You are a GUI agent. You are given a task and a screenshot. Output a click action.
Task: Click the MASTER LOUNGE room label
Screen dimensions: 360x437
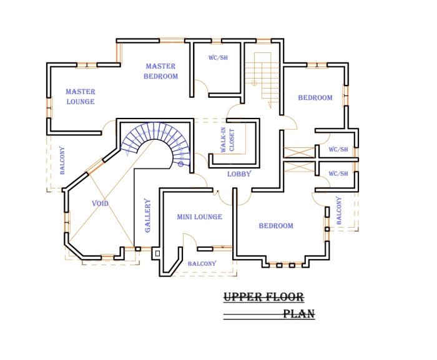[81, 97]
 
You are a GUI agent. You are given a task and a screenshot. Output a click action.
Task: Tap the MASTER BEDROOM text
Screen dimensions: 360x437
[161, 71]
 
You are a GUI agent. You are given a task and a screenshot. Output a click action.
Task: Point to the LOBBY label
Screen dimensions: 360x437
[239, 174]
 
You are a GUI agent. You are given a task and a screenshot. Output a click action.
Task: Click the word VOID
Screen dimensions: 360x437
[101, 203]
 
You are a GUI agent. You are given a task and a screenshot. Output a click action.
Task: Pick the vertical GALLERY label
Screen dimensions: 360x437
[148, 215]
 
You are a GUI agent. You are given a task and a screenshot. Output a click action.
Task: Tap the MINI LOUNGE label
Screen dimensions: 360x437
[200, 217]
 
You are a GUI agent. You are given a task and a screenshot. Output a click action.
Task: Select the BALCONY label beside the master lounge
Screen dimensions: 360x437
[62, 160]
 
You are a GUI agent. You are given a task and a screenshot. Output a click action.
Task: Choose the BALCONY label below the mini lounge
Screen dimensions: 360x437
[202, 264]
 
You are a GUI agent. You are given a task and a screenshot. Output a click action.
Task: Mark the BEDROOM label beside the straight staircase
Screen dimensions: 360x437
[315, 97]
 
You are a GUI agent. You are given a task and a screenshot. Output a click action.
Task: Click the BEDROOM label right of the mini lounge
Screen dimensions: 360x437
[277, 226]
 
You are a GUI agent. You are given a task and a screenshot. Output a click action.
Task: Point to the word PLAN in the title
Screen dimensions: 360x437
[298, 314]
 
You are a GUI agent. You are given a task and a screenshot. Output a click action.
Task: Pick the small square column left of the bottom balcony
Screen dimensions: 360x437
[157, 253]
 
